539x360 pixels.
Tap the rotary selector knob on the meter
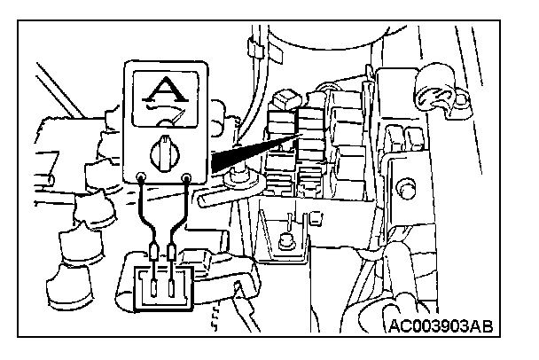pos(165,153)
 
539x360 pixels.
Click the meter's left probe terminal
pos(143,179)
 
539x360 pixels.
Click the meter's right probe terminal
pos(187,179)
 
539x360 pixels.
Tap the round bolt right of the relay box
pos(407,189)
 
